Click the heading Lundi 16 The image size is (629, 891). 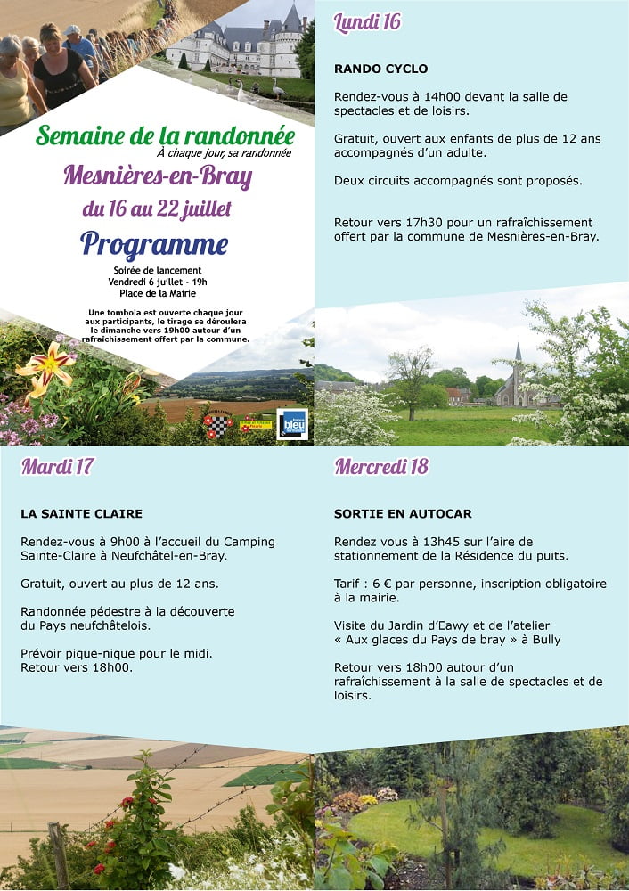click(x=367, y=23)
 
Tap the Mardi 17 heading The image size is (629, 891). click(x=57, y=466)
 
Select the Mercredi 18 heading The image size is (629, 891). click(x=381, y=466)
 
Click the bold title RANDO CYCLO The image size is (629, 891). click(x=380, y=69)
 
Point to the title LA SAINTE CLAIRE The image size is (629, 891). click(x=81, y=514)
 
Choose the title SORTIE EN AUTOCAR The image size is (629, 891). click(x=403, y=514)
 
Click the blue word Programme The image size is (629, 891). click(x=154, y=243)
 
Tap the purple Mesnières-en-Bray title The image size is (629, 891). click(x=158, y=176)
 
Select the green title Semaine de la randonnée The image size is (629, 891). click(x=165, y=136)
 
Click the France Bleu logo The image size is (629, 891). click(x=292, y=424)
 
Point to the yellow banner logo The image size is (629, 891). click(x=255, y=424)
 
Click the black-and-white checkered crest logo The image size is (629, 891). click(x=216, y=425)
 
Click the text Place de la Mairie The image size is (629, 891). click(x=157, y=293)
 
